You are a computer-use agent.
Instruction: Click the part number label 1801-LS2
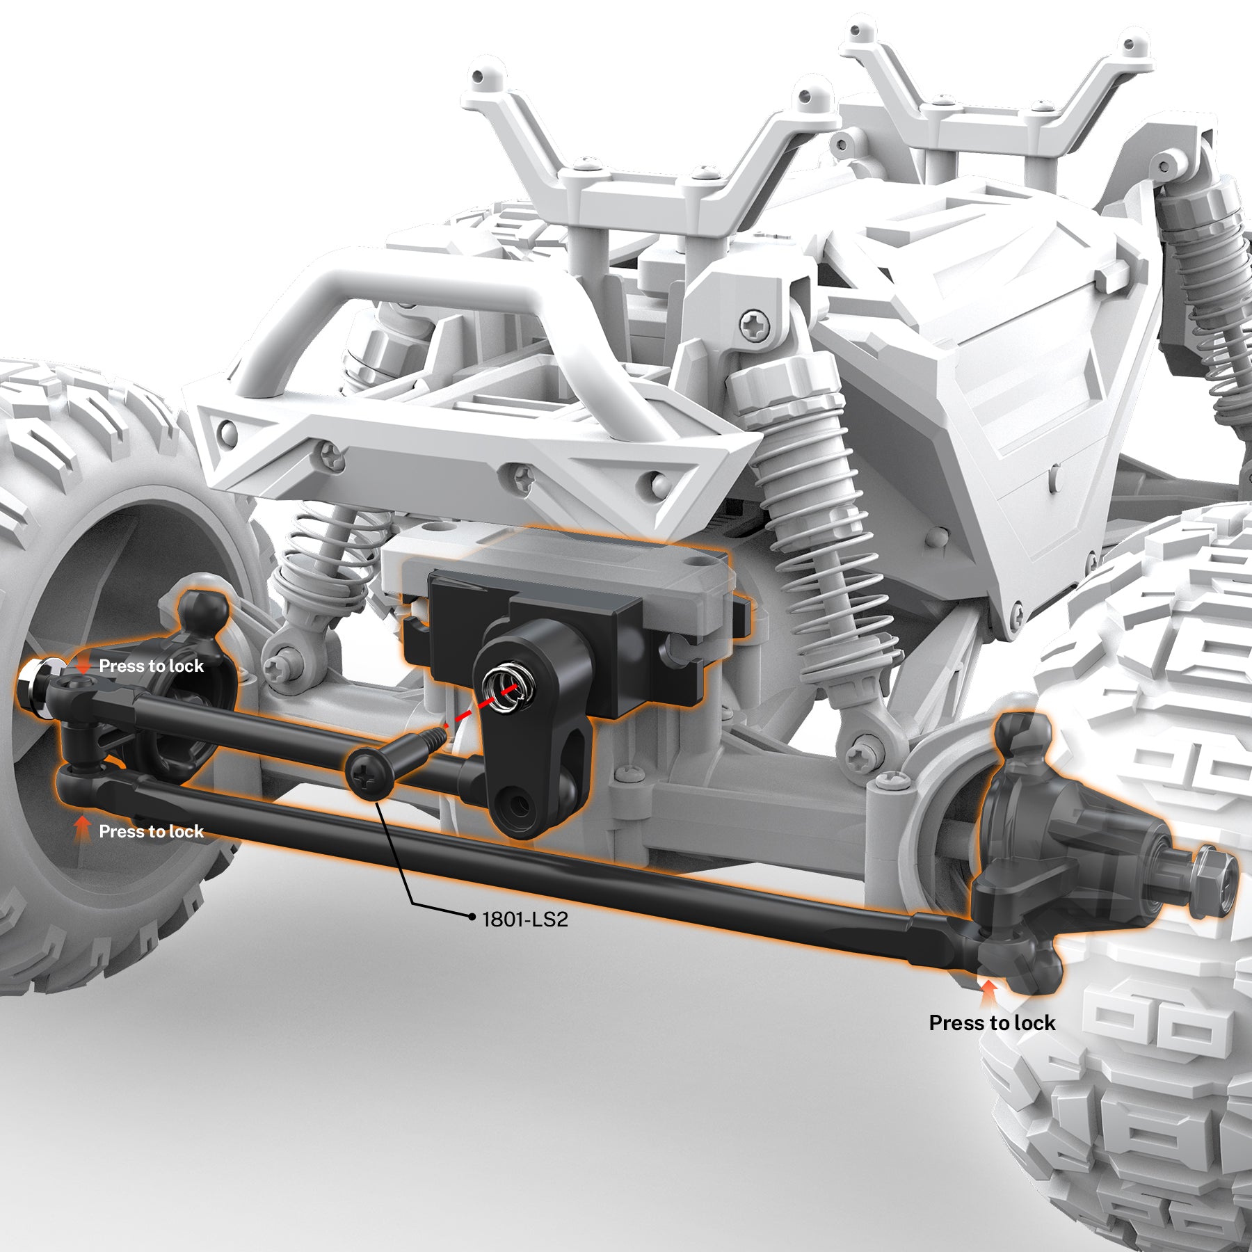pyautogui.click(x=525, y=920)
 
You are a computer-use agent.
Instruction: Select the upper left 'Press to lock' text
pyautogui.click(x=151, y=666)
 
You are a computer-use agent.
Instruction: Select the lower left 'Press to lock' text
pyautogui.click(x=151, y=831)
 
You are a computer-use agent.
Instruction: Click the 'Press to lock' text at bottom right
pyautogui.click(x=992, y=1022)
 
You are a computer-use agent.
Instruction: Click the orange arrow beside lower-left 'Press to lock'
pyautogui.click(x=83, y=828)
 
